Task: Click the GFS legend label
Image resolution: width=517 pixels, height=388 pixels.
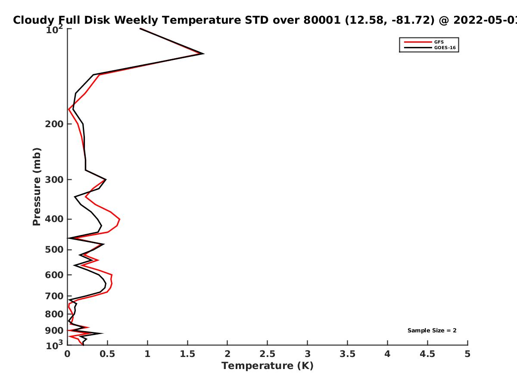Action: pos(439,42)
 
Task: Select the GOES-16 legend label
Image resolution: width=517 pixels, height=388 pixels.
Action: pos(445,48)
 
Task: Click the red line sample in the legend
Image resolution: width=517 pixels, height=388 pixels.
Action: pos(418,42)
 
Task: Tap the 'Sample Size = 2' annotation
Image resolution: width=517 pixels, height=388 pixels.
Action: pos(432,331)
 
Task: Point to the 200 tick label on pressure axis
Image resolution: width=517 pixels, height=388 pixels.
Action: pos(54,124)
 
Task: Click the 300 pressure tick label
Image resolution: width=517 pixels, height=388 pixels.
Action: pos(54,179)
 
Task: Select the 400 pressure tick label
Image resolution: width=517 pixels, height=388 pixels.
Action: pos(54,219)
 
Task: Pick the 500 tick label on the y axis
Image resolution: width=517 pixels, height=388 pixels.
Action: pos(54,250)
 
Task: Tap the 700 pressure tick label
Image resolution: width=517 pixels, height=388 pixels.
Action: pos(54,296)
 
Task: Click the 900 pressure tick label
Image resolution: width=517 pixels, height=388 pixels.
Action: pos(54,331)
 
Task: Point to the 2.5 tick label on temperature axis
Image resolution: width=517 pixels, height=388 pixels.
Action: pos(268,354)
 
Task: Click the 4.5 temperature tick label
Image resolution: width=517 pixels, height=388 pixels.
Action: pos(427,354)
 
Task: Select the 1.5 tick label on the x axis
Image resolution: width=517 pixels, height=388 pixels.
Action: pos(187,354)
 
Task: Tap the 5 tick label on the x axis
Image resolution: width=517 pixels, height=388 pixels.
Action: pos(467,354)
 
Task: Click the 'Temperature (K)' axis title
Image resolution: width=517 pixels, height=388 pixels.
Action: pos(268,366)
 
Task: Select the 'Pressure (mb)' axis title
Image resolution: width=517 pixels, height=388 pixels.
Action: pos(37,187)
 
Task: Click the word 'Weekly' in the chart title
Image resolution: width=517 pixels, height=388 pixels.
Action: pos(137,21)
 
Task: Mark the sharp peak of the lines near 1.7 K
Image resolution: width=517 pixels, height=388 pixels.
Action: pos(203,54)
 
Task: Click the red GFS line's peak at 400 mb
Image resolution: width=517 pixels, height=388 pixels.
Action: pos(120,219)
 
